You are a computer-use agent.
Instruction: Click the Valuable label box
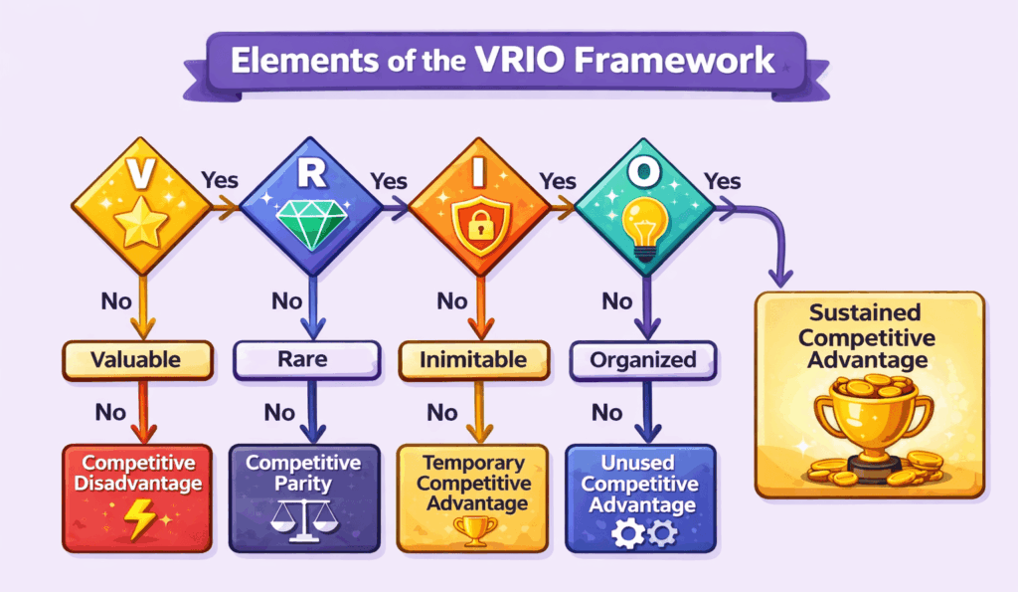pos(138,360)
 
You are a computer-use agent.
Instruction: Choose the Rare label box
pos(306,360)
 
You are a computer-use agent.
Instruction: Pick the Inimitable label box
pos(474,360)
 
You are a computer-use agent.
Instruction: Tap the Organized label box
pos(642,360)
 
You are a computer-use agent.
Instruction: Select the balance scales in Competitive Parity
pos(302,518)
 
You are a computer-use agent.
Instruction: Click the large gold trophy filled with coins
pos(869,423)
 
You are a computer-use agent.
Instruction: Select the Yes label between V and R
pos(221,181)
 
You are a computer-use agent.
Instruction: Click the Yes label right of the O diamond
pos(723,181)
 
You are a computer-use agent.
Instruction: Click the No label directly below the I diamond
pos(452,299)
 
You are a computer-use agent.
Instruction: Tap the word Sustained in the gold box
pos(869,312)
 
